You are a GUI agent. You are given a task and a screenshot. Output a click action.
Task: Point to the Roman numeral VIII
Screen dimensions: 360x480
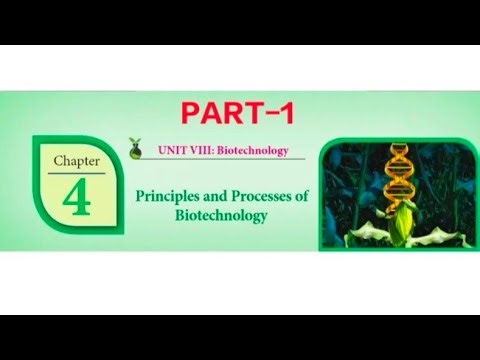point(198,151)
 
